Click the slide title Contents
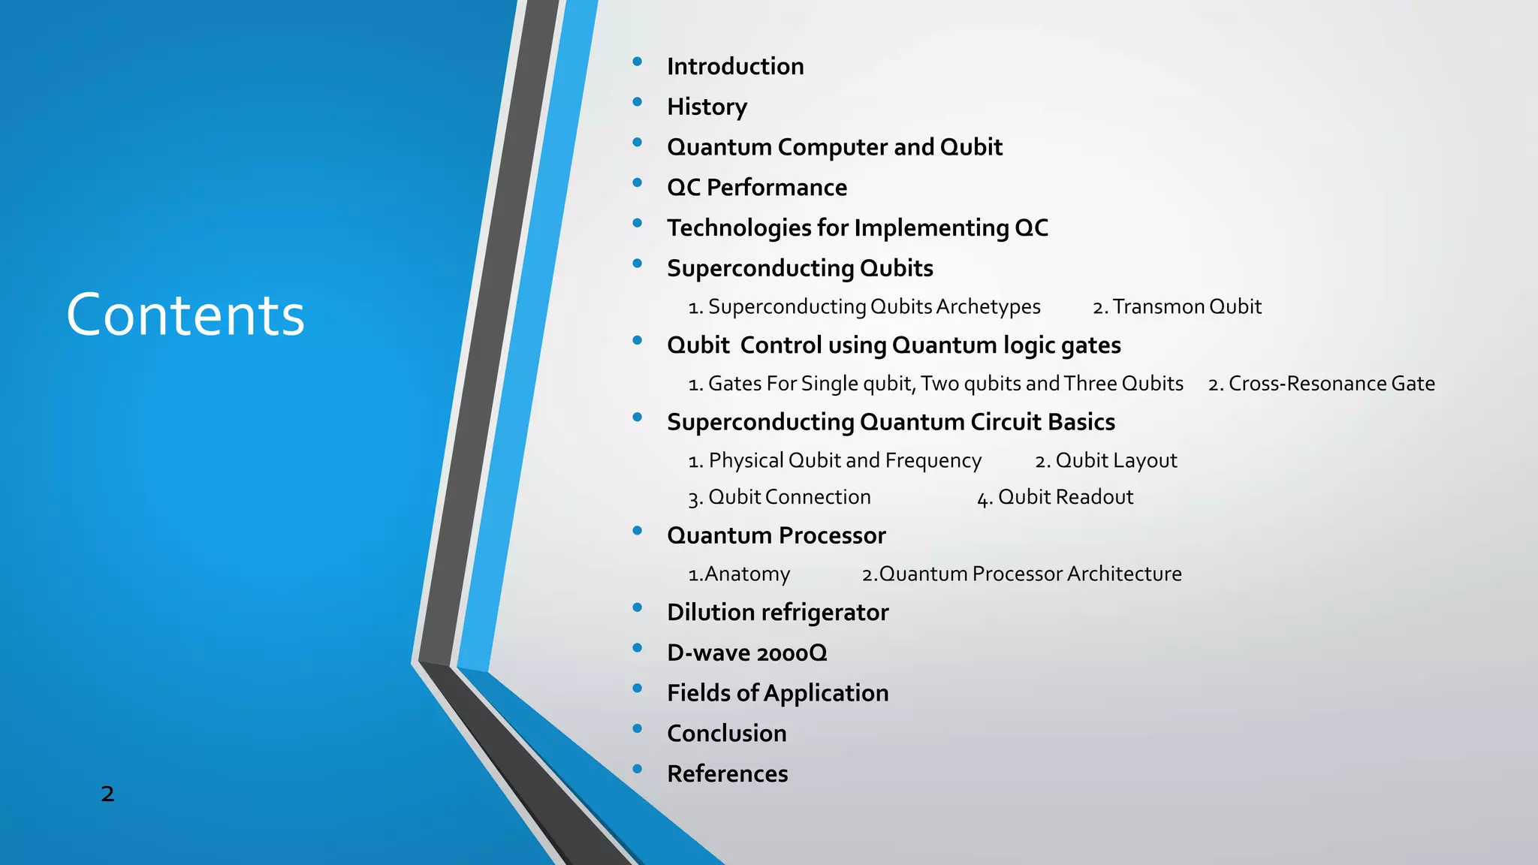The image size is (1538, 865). tap(185, 315)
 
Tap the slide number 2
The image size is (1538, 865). tap(107, 794)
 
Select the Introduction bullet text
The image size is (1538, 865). tap(735, 66)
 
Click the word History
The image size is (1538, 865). tap(707, 107)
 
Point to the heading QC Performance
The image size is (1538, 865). tap(757, 187)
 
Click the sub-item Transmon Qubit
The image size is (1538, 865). tap(1178, 306)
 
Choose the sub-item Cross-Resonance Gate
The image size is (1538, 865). tap(1322, 384)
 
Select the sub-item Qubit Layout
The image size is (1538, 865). tap(1106, 460)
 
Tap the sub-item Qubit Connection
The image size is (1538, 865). tap(780, 497)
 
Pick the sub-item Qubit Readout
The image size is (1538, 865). tap(1055, 497)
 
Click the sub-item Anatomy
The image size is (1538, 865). tap(740, 574)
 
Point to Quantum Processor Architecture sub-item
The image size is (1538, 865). tap(1022, 574)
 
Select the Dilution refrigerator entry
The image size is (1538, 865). tap(777, 612)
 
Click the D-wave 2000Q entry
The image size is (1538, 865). tap(746, 653)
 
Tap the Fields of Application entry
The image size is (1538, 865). tap(777, 692)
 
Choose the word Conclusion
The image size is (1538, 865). tap(726, 733)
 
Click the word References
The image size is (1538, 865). tap(727, 773)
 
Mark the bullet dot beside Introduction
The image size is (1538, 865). tap(638, 62)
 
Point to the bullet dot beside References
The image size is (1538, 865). tap(638, 769)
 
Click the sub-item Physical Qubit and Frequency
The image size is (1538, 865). tap(835, 460)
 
